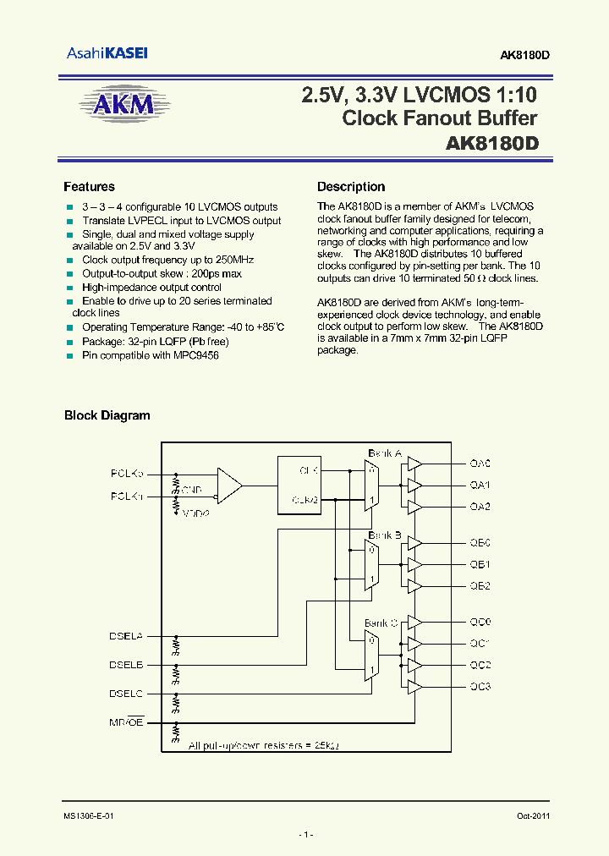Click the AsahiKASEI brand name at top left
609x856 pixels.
[107, 53]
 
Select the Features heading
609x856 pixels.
[89, 187]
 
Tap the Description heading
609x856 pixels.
[351, 187]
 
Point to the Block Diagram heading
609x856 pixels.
[107, 415]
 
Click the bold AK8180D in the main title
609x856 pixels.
[491, 144]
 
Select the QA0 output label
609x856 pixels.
[480, 464]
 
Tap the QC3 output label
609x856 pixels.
[480, 686]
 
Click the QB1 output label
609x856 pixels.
[480, 564]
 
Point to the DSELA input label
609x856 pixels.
[127, 635]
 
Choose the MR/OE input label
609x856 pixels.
[127, 721]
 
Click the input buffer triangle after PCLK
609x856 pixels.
[228, 485]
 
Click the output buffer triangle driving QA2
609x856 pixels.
[414, 507]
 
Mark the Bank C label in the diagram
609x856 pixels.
[381, 623]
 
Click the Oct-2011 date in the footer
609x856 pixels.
[532, 816]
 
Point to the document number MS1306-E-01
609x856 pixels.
[88, 816]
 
